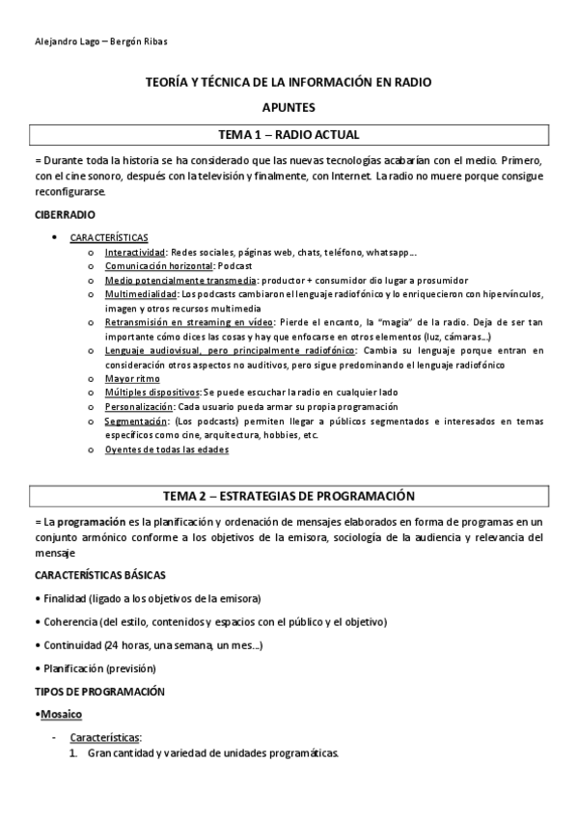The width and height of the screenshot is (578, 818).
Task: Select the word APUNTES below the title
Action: [x=289, y=108]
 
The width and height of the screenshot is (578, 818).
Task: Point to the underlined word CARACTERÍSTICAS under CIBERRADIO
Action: [x=109, y=236]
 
